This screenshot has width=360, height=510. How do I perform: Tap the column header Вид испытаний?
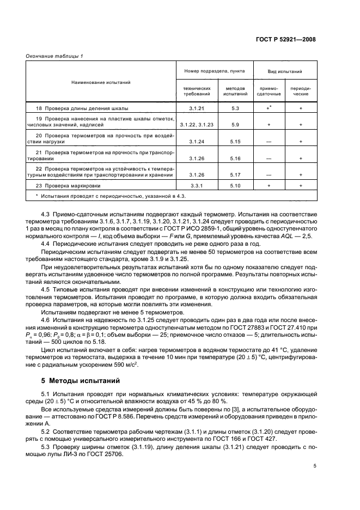pos(284,71)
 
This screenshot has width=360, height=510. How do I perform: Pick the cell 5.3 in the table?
pos(235,109)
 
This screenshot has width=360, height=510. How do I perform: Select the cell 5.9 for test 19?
pos(235,125)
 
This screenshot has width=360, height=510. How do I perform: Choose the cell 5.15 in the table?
pos(235,142)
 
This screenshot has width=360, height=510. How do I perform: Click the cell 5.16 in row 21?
pos(235,159)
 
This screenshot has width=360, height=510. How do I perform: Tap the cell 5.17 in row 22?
pos(235,175)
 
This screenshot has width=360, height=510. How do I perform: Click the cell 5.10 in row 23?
pos(235,185)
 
